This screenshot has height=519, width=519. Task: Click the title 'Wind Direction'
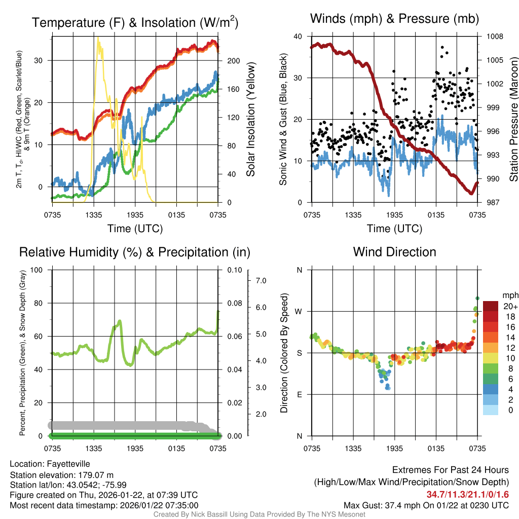(394, 252)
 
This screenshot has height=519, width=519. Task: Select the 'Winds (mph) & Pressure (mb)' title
(394, 19)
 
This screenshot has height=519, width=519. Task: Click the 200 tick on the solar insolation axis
(234, 61)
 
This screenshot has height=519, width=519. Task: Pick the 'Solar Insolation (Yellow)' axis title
(250, 120)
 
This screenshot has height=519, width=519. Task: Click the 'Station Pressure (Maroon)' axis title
(513, 120)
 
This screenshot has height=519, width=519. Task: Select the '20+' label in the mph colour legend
(510, 307)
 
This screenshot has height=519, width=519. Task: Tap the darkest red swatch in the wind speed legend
(491, 306)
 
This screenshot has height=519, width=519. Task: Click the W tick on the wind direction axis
(300, 311)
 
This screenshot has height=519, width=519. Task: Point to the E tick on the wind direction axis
(300, 394)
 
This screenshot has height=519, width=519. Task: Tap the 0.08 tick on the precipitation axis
(233, 303)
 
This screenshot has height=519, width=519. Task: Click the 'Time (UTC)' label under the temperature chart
(135, 229)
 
